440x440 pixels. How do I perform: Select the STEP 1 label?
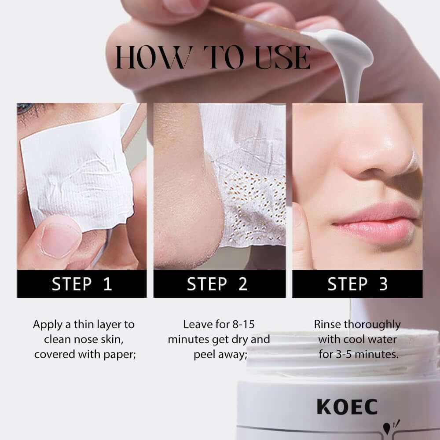coord(82,284)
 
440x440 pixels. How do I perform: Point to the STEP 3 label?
coord(357,284)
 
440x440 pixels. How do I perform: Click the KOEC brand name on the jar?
coord(347,407)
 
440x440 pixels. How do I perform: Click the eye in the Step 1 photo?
coord(24,108)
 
